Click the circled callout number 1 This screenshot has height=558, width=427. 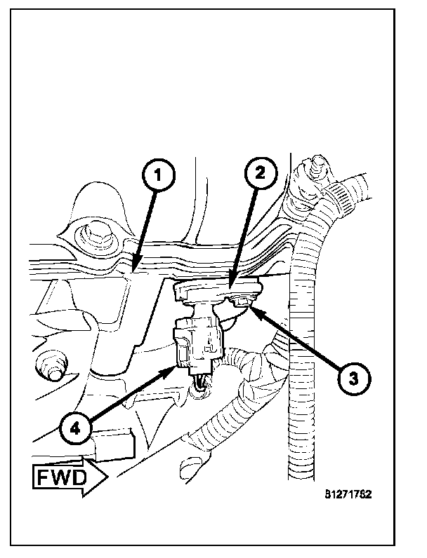click(x=159, y=176)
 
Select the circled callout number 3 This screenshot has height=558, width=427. click(x=351, y=377)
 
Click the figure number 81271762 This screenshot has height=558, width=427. click(x=348, y=493)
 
